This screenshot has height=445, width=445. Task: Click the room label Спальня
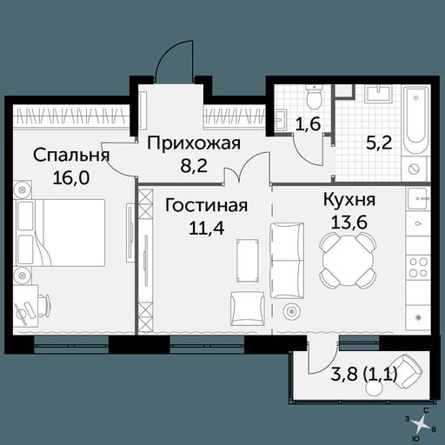click(71, 155)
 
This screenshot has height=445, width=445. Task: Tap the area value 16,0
click(71, 177)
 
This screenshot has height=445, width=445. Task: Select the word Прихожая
click(194, 143)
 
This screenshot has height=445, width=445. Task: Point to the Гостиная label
click(206, 205)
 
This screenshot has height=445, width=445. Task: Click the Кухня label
click(349, 200)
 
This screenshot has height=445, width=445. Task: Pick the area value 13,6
click(349, 222)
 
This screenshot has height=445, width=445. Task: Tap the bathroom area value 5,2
click(379, 143)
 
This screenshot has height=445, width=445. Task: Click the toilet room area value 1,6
click(309, 123)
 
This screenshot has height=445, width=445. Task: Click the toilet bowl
click(314, 96)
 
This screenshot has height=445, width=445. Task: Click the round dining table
click(348, 260)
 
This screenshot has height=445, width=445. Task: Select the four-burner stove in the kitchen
click(418, 267)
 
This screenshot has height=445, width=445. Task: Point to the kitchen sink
click(417, 198)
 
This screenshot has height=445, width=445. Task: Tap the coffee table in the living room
click(248, 260)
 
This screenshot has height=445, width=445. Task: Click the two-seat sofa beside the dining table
click(287, 261)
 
